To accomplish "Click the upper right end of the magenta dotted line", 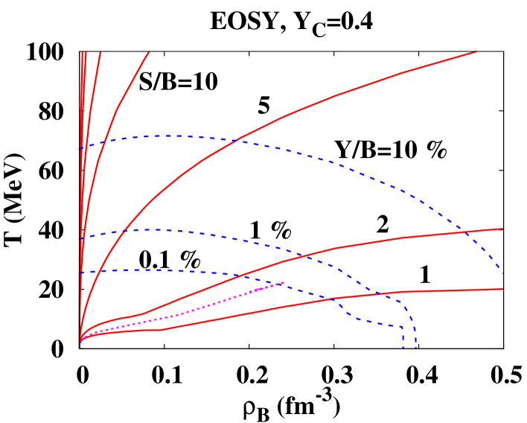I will coord(284,282).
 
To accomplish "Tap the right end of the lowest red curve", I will coord(503,288).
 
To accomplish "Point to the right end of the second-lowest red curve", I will coord(503,229).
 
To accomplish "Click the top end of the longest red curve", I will coord(476,51).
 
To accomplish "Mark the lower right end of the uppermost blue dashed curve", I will coord(503,273).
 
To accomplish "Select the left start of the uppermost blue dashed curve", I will coord(80,149).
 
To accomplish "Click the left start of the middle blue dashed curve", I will coord(80,238).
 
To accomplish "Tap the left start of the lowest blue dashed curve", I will coord(80,273).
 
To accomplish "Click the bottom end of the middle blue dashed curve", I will coord(415,347).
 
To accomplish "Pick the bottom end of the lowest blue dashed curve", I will coord(403,347).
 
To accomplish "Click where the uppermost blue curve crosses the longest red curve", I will coord(237,139).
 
